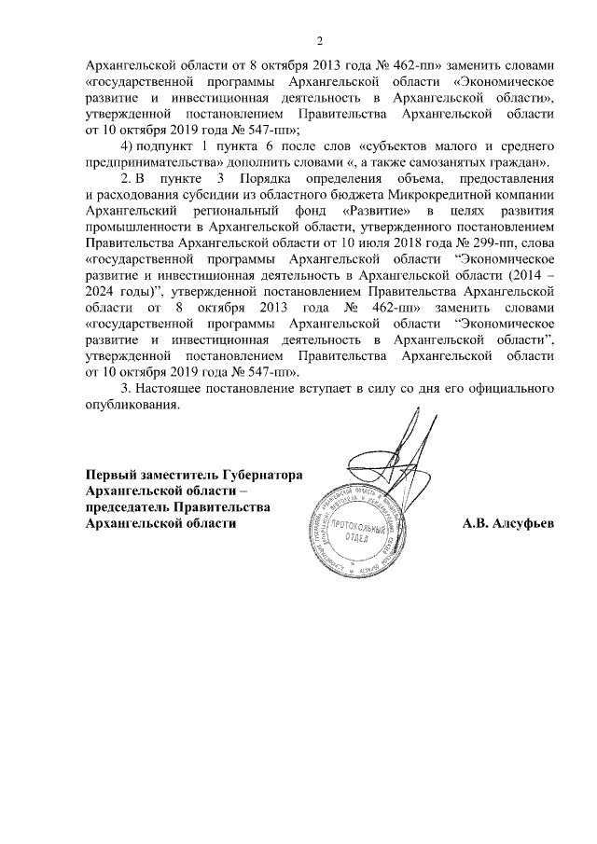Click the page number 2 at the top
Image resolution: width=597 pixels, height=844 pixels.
(x=320, y=40)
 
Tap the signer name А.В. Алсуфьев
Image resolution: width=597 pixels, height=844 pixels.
(x=508, y=523)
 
